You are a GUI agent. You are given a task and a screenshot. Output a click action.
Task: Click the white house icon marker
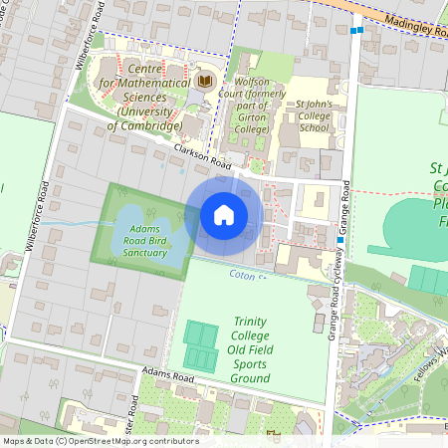click(x=224, y=215)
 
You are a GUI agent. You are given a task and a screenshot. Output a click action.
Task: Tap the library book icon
click(x=206, y=81)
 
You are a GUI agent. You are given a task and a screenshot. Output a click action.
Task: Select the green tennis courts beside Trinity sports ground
click(x=201, y=345)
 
